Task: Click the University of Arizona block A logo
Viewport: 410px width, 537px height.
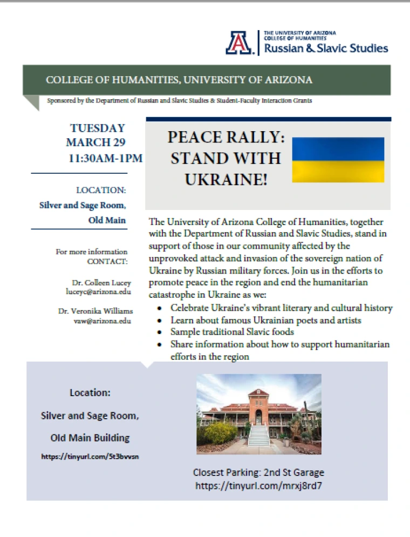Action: pyautogui.click(x=240, y=43)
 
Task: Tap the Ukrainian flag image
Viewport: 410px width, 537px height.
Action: pyautogui.click(x=338, y=160)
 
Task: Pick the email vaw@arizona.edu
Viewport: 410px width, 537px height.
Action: pyautogui.click(x=103, y=321)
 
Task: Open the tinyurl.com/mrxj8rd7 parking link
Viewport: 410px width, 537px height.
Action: pyautogui.click(x=259, y=486)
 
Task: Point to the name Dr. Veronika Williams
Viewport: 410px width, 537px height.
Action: pyautogui.click(x=95, y=311)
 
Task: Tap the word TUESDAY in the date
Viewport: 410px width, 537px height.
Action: pyautogui.click(x=97, y=128)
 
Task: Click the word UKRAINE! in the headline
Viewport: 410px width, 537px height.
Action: pyautogui.click(x=225, y=179)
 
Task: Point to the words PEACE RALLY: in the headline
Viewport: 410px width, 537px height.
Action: pyautogui.click(x=225, y=137)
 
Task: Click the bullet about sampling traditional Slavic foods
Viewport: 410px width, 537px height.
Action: pyautogui.click(x=232, y=332)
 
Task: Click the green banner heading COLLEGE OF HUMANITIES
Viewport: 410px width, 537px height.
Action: pyautogui.click(x=179, y=80)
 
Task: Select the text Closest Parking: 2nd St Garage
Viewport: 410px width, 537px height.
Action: pyautogui.click(x=258, y=473)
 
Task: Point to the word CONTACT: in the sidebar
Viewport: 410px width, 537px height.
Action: pyautogui.click(x=107, y=262)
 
